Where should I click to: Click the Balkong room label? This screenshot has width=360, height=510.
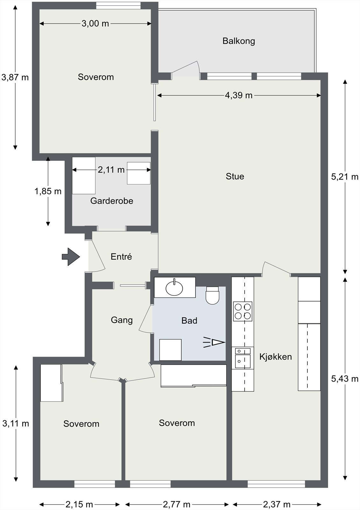(239, 41)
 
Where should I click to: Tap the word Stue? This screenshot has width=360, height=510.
(235, 176)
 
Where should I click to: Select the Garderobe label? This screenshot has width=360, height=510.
(112, 201)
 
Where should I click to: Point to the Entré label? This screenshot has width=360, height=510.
(121, 257)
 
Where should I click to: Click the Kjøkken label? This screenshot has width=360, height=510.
(276, 357)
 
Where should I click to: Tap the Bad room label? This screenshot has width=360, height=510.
(189, 321)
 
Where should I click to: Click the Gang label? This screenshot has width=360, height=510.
(122, 320)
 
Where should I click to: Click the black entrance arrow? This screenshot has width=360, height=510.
(71, 257)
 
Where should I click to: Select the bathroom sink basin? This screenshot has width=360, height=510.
(174, 288)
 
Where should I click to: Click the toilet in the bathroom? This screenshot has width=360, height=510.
(212, 295)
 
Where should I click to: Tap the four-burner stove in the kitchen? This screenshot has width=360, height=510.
(242, 311)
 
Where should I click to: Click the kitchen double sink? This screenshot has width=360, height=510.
(242, 358)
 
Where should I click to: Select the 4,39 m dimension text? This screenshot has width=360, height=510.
(239, 95)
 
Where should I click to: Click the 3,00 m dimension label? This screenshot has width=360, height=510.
(95, 24)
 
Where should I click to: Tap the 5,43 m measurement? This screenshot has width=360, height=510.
(344, 379)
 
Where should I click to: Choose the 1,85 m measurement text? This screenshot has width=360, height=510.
(48, 191)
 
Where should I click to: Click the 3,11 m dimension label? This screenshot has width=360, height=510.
(16, 424)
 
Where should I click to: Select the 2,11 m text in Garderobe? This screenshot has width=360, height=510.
(111, 170)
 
